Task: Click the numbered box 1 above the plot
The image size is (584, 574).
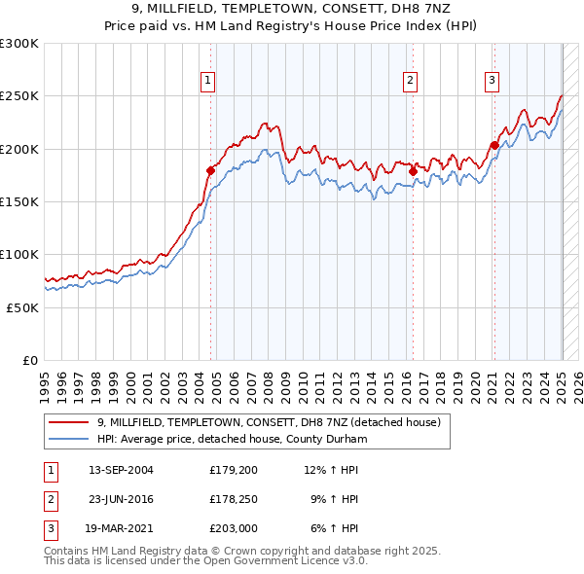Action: [208, 81]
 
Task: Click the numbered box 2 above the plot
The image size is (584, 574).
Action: [411, 81]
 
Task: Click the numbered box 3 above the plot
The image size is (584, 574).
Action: [493, 81]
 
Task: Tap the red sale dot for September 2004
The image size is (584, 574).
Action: [210, 170]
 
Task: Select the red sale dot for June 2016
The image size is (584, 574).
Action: [413, 171]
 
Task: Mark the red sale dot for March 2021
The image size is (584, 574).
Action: [493, 146]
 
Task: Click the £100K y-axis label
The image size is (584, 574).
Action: [20, 254]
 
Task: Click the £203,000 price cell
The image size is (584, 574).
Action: [232, 529]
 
